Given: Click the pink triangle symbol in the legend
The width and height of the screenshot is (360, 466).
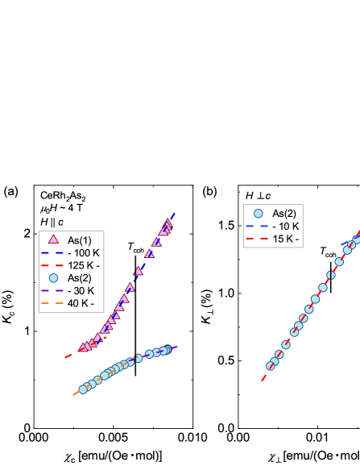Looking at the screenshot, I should [x=54, y=239].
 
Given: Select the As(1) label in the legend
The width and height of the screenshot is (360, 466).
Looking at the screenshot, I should [x=79, y=239].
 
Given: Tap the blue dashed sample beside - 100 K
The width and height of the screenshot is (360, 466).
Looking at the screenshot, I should [x=54, y=252].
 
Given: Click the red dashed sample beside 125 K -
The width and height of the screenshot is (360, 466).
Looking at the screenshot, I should [x=54, y=265].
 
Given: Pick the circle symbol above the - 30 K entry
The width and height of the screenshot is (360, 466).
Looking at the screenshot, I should [x=54, y=278].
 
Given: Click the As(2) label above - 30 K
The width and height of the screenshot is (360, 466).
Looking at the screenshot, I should [x=79, y=278].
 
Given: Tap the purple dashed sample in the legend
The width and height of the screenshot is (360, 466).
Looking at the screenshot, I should [x=54, y=291].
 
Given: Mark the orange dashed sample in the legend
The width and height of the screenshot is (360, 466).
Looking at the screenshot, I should [x=54, y=304].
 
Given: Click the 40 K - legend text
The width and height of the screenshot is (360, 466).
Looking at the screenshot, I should [x=80, y=304].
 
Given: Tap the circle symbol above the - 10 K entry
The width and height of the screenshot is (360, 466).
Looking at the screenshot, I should [x=258, y=213].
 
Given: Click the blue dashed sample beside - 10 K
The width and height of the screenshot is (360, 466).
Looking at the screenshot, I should [x=258, y=226].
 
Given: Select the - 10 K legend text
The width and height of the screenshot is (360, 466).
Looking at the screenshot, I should [x=285, y=226].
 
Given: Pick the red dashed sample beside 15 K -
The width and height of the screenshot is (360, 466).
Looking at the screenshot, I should [x=258, y=239].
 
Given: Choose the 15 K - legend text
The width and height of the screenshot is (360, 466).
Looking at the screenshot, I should [x=285, y=239].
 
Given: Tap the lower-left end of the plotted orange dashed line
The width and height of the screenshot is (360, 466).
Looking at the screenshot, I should [x=74, y=393].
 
